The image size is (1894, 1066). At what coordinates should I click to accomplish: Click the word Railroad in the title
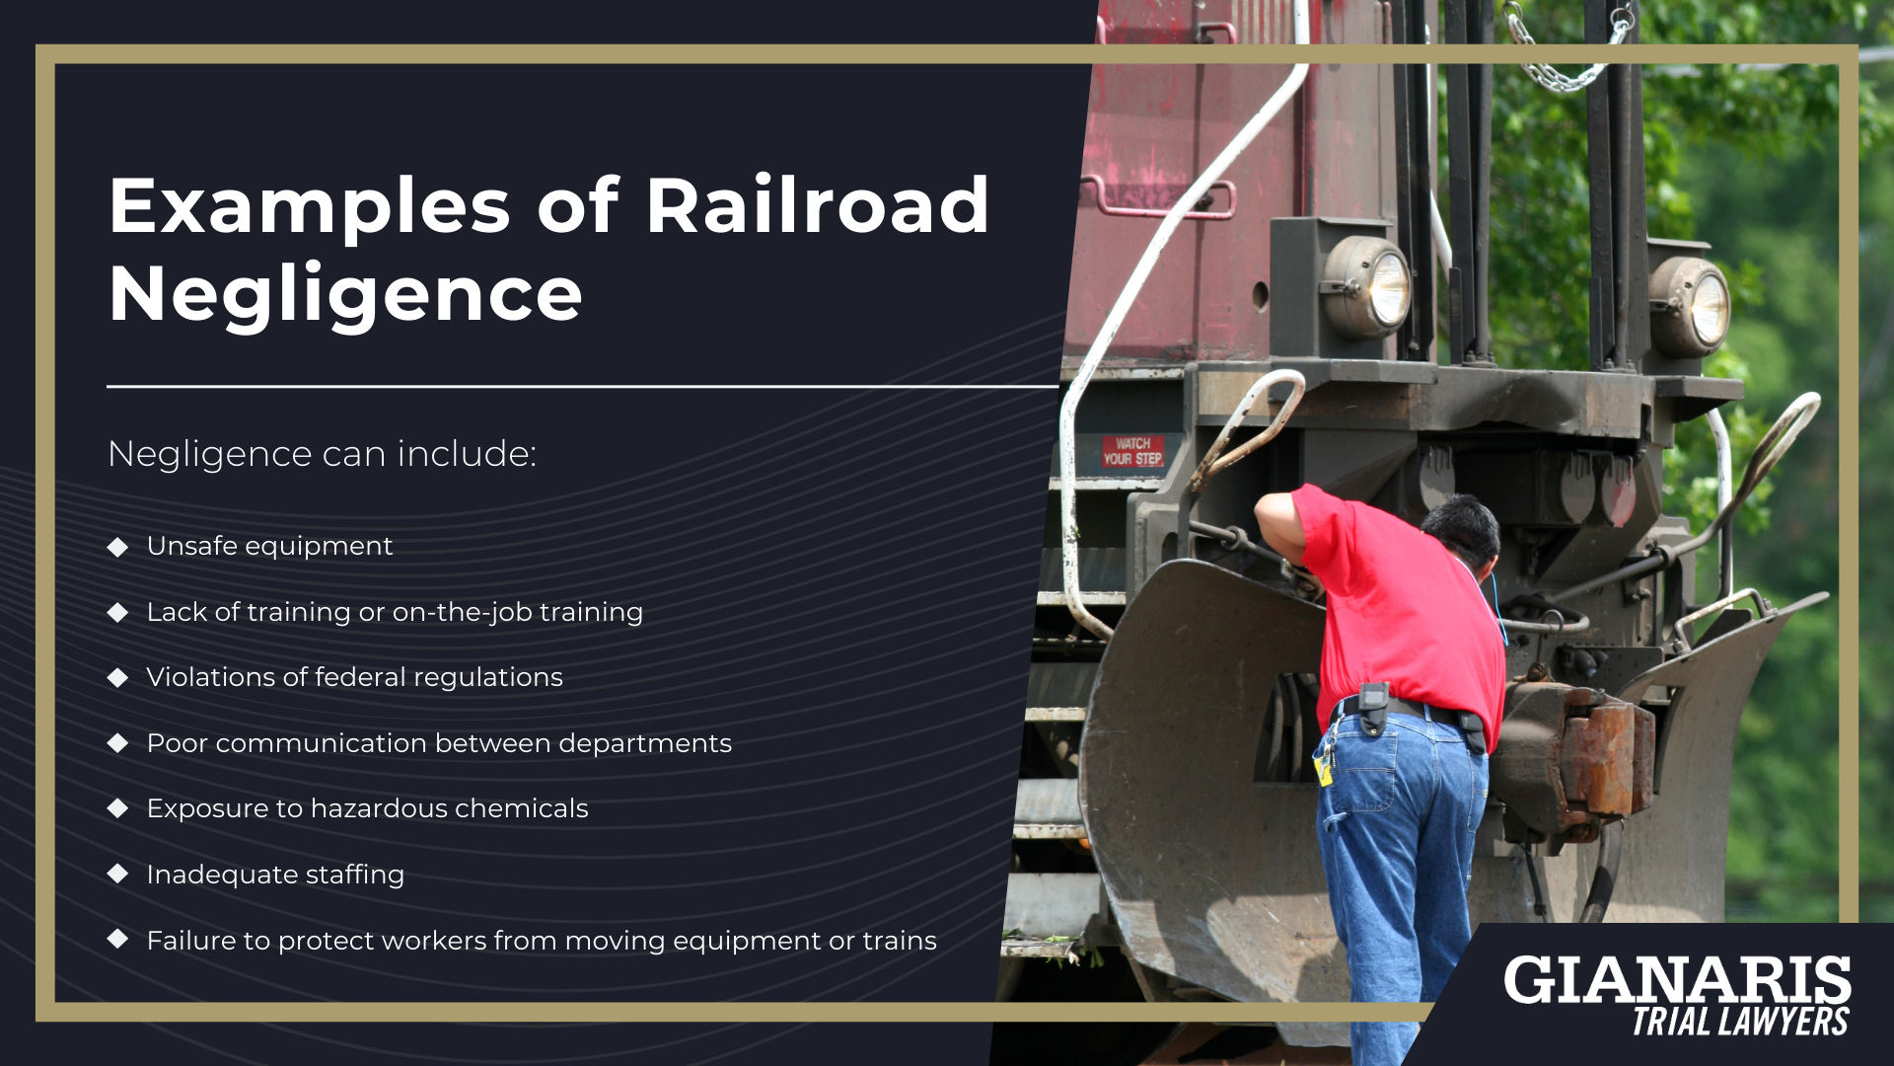[817, 205]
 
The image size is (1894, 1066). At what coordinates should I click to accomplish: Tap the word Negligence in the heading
[345, 293]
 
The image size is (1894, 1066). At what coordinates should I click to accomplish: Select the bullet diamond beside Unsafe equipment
[118, 547]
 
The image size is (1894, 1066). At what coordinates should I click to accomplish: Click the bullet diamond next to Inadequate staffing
[118, 874]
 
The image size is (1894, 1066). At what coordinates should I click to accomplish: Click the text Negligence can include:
[323, 454]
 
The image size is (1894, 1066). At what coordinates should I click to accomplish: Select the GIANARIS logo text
[1677, 980]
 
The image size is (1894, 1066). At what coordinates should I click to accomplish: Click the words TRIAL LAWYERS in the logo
[1740, 1023]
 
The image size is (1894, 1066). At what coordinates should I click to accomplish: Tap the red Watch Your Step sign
[1133, 451]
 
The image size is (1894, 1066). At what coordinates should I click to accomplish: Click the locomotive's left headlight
[1369, 287]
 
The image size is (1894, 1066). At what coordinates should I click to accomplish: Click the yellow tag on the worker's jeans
[1324, 770]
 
